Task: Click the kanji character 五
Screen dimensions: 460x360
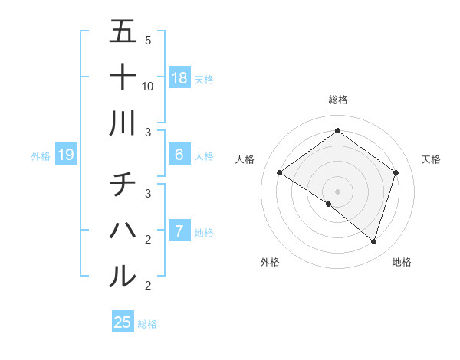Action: point(123,32)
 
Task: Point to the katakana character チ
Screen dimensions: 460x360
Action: point(123,185)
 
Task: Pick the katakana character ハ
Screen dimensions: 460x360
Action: point(123,230)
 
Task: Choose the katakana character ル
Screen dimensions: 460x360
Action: point(123,275)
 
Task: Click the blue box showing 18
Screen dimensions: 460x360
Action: point(179,78)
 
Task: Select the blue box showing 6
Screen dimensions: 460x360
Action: point(179,155)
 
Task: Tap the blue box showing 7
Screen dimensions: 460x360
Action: point(179,231)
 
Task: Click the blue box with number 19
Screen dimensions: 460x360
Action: point(66,155)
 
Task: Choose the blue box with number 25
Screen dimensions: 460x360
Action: point(123,322)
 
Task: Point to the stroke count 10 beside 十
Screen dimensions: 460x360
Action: point(148,86)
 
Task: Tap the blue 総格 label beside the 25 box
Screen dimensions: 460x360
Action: point(147,324)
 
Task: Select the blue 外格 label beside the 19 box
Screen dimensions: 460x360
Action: point(41,156)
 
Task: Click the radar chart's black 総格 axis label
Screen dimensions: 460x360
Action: point(337,100)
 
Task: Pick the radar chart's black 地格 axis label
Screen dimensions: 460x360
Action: point(402,263)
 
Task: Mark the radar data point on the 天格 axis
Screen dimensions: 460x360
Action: point(396,172)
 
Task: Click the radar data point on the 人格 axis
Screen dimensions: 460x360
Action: point(280,173)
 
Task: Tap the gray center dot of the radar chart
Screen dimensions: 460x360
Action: point(337,191)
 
